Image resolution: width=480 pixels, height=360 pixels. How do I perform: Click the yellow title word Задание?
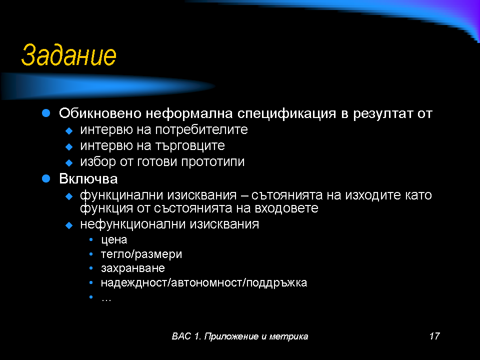(69, 55)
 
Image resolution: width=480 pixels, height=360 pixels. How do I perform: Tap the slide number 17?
(434, 336)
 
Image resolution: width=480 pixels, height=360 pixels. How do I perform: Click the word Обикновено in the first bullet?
(100, 113)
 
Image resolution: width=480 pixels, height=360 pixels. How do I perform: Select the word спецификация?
(286, 114)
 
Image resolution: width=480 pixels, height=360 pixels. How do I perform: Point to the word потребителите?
(201, 130)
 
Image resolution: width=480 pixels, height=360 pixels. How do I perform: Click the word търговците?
(190, 145)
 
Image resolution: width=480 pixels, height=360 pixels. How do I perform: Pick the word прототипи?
(213, 161)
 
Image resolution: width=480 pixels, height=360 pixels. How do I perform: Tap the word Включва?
(88, 179)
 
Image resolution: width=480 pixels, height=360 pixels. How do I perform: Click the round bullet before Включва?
(46, 178)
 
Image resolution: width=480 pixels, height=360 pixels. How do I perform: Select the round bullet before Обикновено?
(46, 113)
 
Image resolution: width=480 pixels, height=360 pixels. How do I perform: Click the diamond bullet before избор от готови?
(69, 162)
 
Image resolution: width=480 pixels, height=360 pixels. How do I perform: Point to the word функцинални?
(121, 195)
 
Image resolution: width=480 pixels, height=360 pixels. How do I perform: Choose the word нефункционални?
(133, 224)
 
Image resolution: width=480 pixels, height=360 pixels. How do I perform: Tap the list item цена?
(114, 240)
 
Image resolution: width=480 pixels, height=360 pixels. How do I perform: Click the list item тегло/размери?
(141, 254)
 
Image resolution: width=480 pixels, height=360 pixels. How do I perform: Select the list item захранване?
(133, 268)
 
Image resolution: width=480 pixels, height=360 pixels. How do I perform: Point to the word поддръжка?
(276, 282)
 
